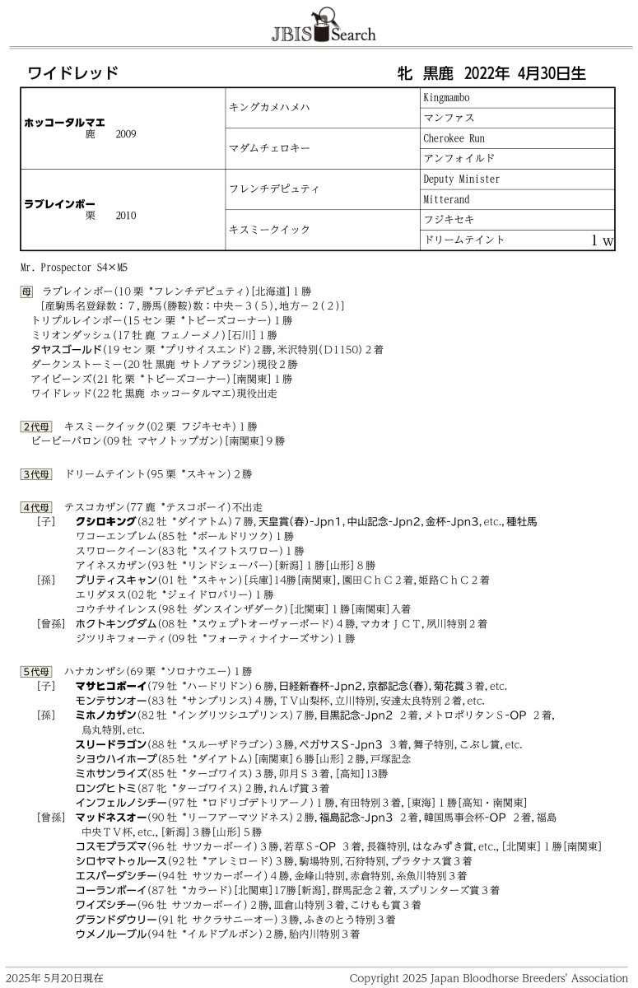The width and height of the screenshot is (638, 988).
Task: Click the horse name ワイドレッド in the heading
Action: [x=73, y=73]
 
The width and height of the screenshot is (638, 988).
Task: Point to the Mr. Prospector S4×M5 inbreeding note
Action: [x=75, y=268]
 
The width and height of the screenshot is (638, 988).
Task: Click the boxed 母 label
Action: [x=26, y=291]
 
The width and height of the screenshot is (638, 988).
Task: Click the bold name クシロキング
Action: [x=105, y=522]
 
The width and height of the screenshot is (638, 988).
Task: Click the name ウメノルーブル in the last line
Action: [x=110, y=934]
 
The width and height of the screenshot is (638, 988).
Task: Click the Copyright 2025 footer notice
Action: [x=488, y=978]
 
